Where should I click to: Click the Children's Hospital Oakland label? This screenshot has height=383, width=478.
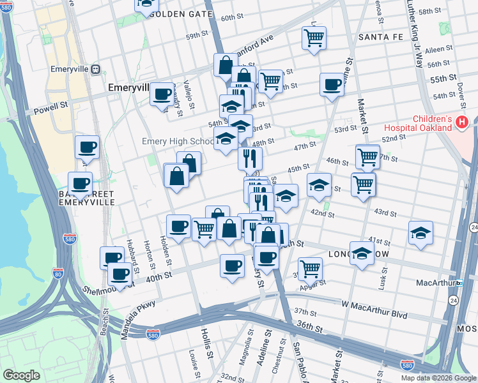(432, 124)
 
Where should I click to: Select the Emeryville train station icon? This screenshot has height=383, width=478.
(95, 69)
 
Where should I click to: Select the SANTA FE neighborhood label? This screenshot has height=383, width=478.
(381, 37)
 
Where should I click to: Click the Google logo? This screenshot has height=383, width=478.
(21, 375)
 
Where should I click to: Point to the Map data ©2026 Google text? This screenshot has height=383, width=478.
(438, 378)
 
